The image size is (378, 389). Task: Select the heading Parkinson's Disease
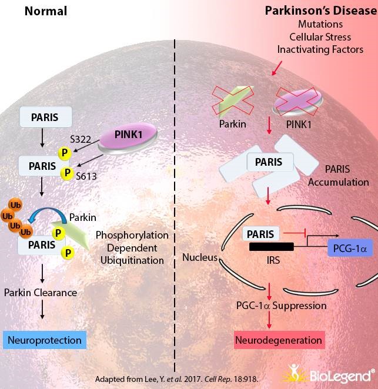point(313,11)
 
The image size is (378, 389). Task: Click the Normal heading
point(45,11)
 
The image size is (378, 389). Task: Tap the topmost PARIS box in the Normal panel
point(45,116)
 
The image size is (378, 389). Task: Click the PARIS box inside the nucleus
point(260,233)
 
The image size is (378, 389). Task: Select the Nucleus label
point(199,257)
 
